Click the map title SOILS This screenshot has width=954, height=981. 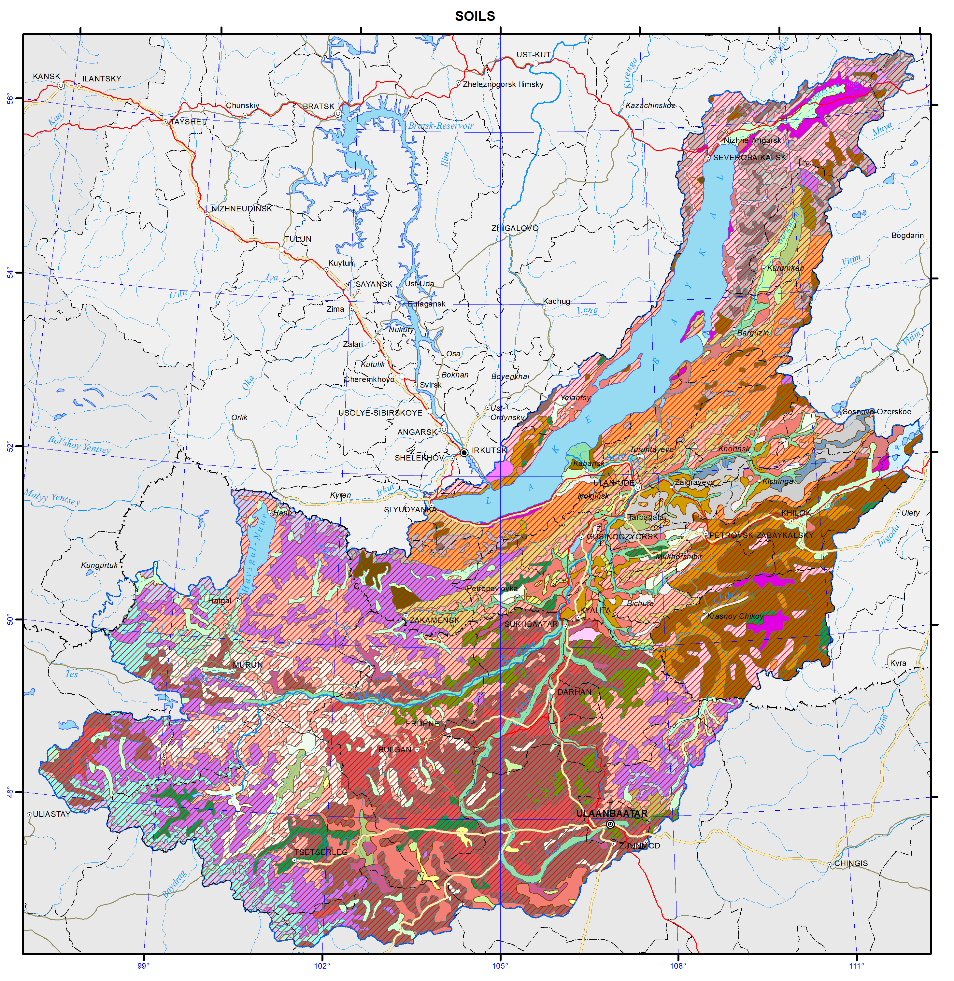[475, 17]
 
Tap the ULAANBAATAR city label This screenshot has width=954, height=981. [611, 814]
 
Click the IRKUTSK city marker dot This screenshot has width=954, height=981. [464, 452]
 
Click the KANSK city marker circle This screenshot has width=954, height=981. [61, 86]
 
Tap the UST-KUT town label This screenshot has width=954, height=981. [533, 55]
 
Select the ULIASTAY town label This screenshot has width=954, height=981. [51, 814]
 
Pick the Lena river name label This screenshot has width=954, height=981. [587, 310]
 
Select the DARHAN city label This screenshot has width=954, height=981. [574, 692]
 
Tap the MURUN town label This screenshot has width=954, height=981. [248, 665]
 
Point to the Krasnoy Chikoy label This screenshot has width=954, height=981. [735, 616]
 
